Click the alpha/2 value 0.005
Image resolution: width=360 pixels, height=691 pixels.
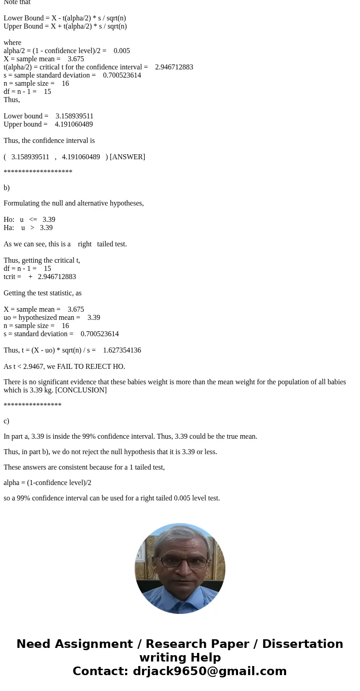122,51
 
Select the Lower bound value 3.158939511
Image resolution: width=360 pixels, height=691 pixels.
74,116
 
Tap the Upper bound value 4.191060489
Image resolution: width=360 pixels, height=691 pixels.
74,124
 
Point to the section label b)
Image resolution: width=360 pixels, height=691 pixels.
6,188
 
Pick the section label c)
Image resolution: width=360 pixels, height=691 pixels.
6,421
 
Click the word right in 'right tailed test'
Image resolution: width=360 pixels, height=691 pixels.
85,244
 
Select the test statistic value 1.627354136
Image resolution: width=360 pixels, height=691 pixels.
122,350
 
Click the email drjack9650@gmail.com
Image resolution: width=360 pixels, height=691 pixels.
209,671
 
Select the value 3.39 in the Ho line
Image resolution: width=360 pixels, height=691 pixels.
49,220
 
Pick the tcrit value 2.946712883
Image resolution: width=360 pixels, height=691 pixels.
57,277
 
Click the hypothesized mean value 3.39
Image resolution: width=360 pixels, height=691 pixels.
94,318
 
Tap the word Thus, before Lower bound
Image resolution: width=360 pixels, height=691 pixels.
12,100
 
